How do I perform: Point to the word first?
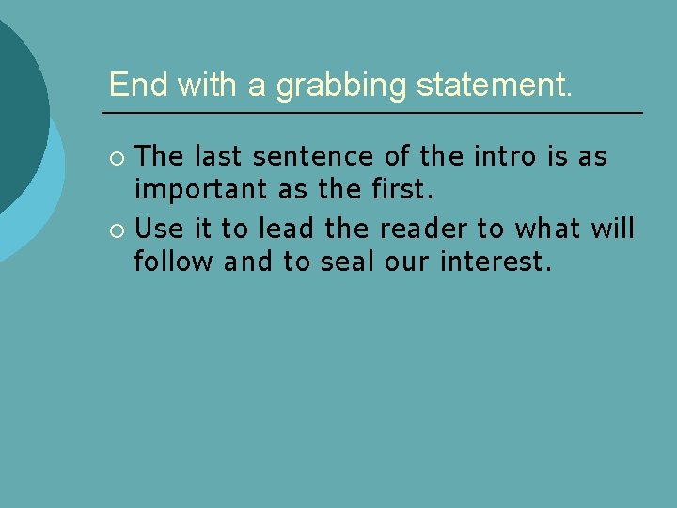pos(398,191)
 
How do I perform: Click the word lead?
pos(288,228)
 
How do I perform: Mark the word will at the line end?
pos(612,228)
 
